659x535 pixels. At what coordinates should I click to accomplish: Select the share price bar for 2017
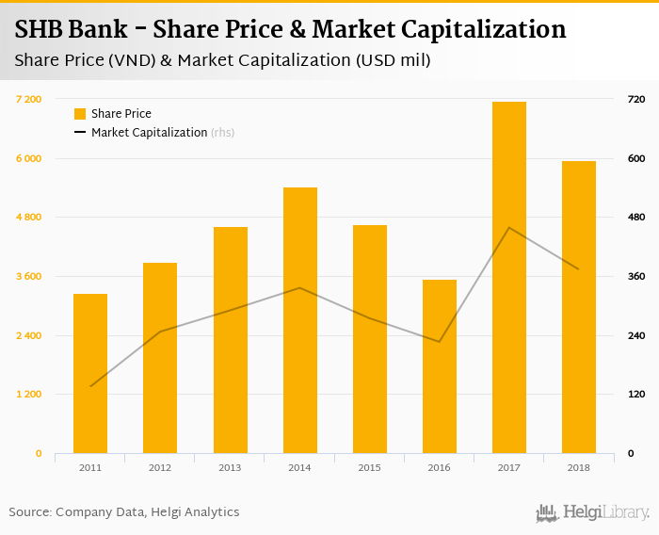[509, 277]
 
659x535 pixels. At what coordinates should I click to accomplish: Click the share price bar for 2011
[90, 373]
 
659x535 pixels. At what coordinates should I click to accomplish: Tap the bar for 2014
[300, 320]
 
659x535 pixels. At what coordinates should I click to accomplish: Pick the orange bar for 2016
[440, 366]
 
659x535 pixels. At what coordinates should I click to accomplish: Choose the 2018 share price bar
[579, 307]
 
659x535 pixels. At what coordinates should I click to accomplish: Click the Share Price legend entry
[121, 114]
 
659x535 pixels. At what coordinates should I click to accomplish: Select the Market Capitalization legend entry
[149, 133]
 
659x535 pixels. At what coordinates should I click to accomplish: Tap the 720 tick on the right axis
[635, 99]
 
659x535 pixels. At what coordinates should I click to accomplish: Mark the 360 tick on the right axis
[635, 276]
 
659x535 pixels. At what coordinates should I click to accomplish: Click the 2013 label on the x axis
[230, 468]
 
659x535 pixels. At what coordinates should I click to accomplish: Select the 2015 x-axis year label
[370, 468]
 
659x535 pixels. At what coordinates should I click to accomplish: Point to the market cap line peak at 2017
[509, 228]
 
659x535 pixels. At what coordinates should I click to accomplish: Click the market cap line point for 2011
[90, 386]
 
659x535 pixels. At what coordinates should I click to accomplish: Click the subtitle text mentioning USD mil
[222, 61]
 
